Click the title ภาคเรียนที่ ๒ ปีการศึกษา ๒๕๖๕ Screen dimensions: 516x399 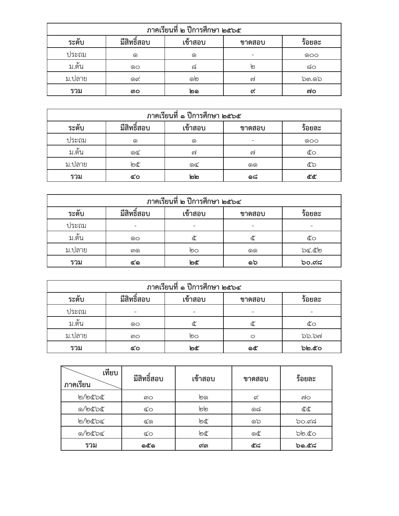coord(194,30)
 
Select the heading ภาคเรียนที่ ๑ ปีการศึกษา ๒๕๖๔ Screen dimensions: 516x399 coord(194,287)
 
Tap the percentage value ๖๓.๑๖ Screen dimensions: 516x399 coord(311,79)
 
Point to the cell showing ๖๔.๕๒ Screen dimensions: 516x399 coord(311,250)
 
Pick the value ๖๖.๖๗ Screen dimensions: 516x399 coord(311,336)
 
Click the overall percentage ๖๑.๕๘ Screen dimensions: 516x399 coord(306,445)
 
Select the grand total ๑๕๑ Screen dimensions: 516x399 coord(148,445)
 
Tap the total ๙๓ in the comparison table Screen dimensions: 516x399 coord(203,445)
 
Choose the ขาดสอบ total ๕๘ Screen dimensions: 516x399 coord(256,445)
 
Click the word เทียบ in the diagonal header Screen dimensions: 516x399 coord(110,373)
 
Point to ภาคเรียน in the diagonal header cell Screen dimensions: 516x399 coord(77,385)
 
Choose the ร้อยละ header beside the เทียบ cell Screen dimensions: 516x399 coord(306,379)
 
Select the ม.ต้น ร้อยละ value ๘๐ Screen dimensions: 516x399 coord(311,67)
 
